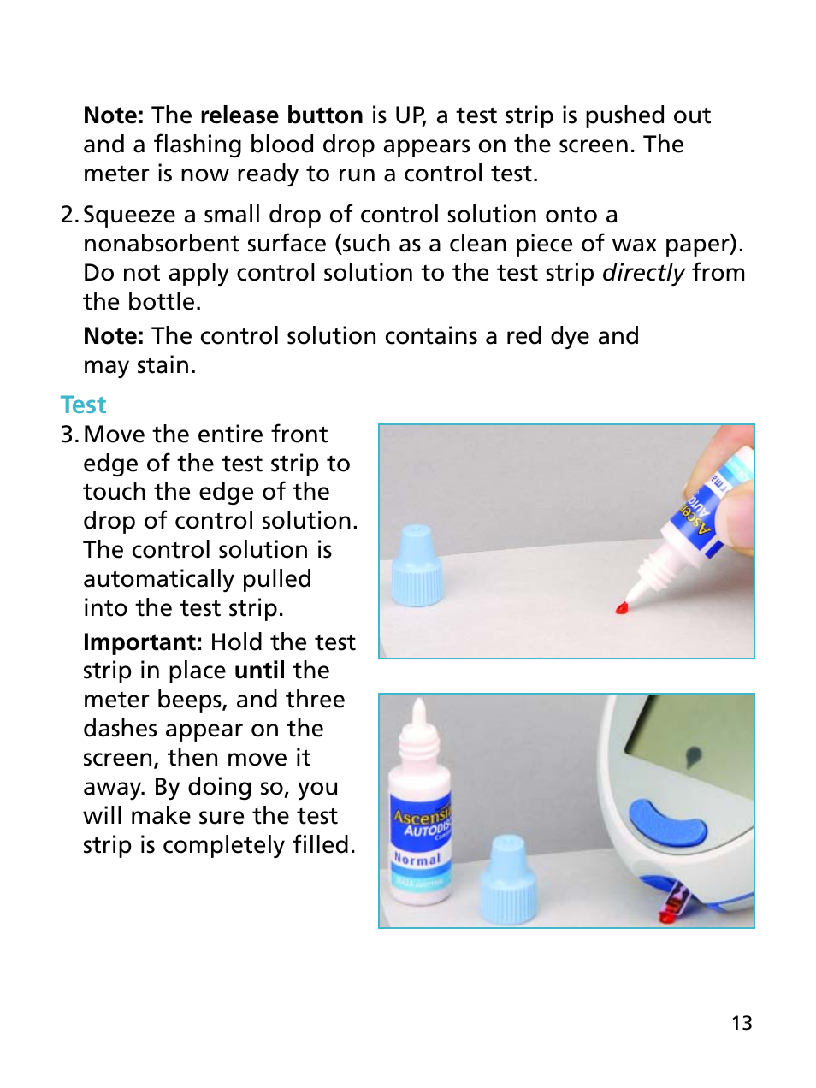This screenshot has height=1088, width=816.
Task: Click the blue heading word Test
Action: pos(83,405)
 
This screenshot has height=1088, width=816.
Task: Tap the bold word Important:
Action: pos(142,642)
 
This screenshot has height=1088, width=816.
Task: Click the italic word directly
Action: pos(643,273)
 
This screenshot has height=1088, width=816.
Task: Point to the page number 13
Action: pos(742,1023)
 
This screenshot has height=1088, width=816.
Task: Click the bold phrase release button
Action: pos(281,115)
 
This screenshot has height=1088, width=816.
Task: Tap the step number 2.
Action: pos(69,215)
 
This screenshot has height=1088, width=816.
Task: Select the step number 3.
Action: pos(69,435)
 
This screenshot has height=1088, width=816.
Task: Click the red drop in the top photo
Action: pos(622,608)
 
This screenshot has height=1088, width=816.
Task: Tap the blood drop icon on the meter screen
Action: pos(694,755)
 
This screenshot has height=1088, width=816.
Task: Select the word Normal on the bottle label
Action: pos(417,858)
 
